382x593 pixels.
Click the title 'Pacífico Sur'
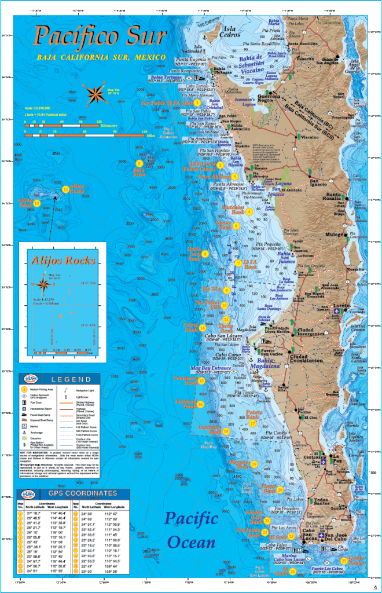click(100, 35)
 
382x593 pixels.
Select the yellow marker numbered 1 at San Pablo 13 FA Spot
click(197, 103)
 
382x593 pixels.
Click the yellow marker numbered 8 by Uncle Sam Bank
click(205, 254)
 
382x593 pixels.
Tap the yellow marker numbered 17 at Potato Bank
click(253, 423)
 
